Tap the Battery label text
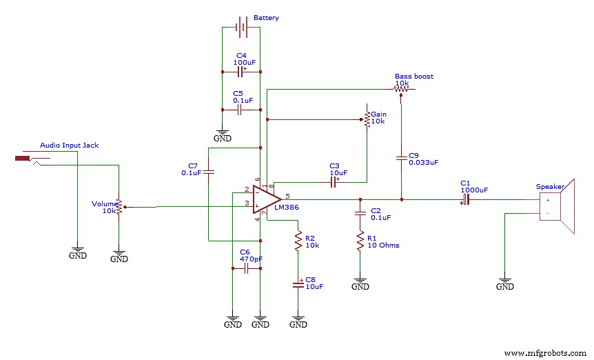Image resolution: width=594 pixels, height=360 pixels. (x=266, y=18)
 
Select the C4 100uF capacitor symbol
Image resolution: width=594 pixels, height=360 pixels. (x=240, y=71)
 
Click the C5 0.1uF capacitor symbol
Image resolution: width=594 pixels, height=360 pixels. (x=240, y=109)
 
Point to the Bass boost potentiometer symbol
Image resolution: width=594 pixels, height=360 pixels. (x=400, y=89)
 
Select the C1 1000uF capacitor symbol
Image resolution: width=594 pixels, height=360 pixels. (x=467, y=199)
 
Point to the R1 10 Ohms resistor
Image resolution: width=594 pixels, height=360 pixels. (x=360, y=241)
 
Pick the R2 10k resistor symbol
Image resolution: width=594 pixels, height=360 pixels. (x=298, y=241)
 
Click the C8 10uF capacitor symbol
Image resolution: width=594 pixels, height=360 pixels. (x=298, y=283)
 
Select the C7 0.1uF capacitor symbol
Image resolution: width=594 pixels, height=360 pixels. (x=209, y=170)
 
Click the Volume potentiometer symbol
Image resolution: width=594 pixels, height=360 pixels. (x=119, y=206)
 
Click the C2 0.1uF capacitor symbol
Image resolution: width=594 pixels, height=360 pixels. (x=360, y=213)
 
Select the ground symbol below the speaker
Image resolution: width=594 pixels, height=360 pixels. (x=505, y=283)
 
